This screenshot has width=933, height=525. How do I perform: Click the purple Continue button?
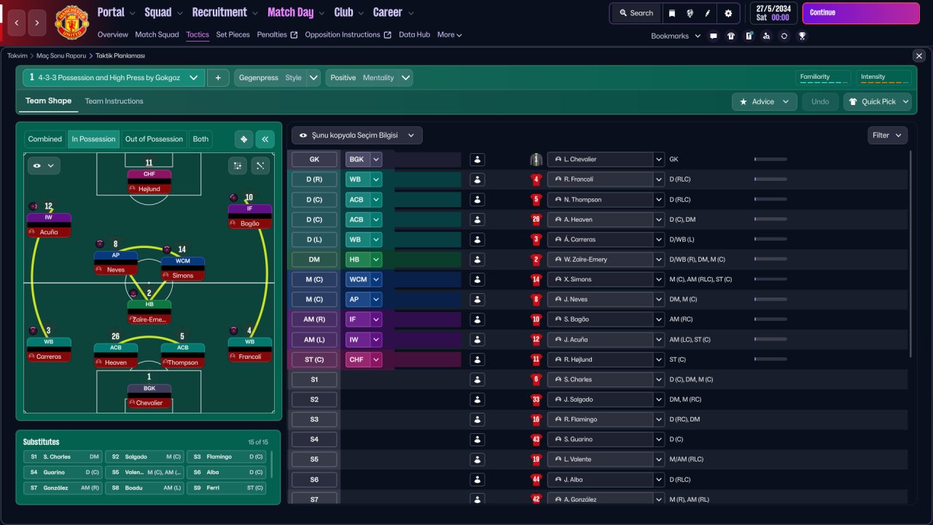pyautogui.click(x=861, y=13)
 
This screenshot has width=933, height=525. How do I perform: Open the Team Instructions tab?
pyautogui.click(x=114, y=101)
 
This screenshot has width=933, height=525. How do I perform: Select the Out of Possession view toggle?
pyautogui.click(x=154, y=139)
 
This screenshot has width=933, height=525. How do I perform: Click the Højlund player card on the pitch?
pyautogui.click(x=149, y=182)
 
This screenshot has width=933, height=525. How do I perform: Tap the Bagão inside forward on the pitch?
pyautogui.click(x=249, y=217)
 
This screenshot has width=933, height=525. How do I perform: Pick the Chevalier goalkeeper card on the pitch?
pyautogui.click(x=149, y=396)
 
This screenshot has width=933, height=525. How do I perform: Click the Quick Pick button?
pyautogui.click(x=878, y=101)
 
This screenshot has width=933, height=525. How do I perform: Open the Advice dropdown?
pyautogui.click(x=765, y=101)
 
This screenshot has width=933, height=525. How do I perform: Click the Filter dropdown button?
pyautogui.click(x=887, y=136)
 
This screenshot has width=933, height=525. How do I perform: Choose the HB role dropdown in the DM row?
pyautogui.click(x=363, y=260)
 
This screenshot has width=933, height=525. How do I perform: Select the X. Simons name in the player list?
pyautogui.click(x=577, y=279)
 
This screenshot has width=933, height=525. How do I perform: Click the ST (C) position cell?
pyautogui.click(x=314, y=359)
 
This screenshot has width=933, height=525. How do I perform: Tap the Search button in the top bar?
pyautogui.click(x=636, y=13)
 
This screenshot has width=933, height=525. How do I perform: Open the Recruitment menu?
pyautogui.click(x=225, y=12)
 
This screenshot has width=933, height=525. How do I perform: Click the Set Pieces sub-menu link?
pyautogui.click(x=233, y=34)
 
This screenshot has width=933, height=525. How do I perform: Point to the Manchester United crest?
pyautogui.click(x=71, y=22)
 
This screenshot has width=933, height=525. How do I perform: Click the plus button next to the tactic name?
pyautogui.click(x=218, y=78)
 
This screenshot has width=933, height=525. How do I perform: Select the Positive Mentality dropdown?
pyautogui.click(x=369, y=78)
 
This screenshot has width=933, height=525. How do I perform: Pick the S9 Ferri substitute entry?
pyautogui.click(x=225, y=488)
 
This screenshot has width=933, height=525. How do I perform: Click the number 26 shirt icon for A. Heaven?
pyautogui.click(x=536, y=219)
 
